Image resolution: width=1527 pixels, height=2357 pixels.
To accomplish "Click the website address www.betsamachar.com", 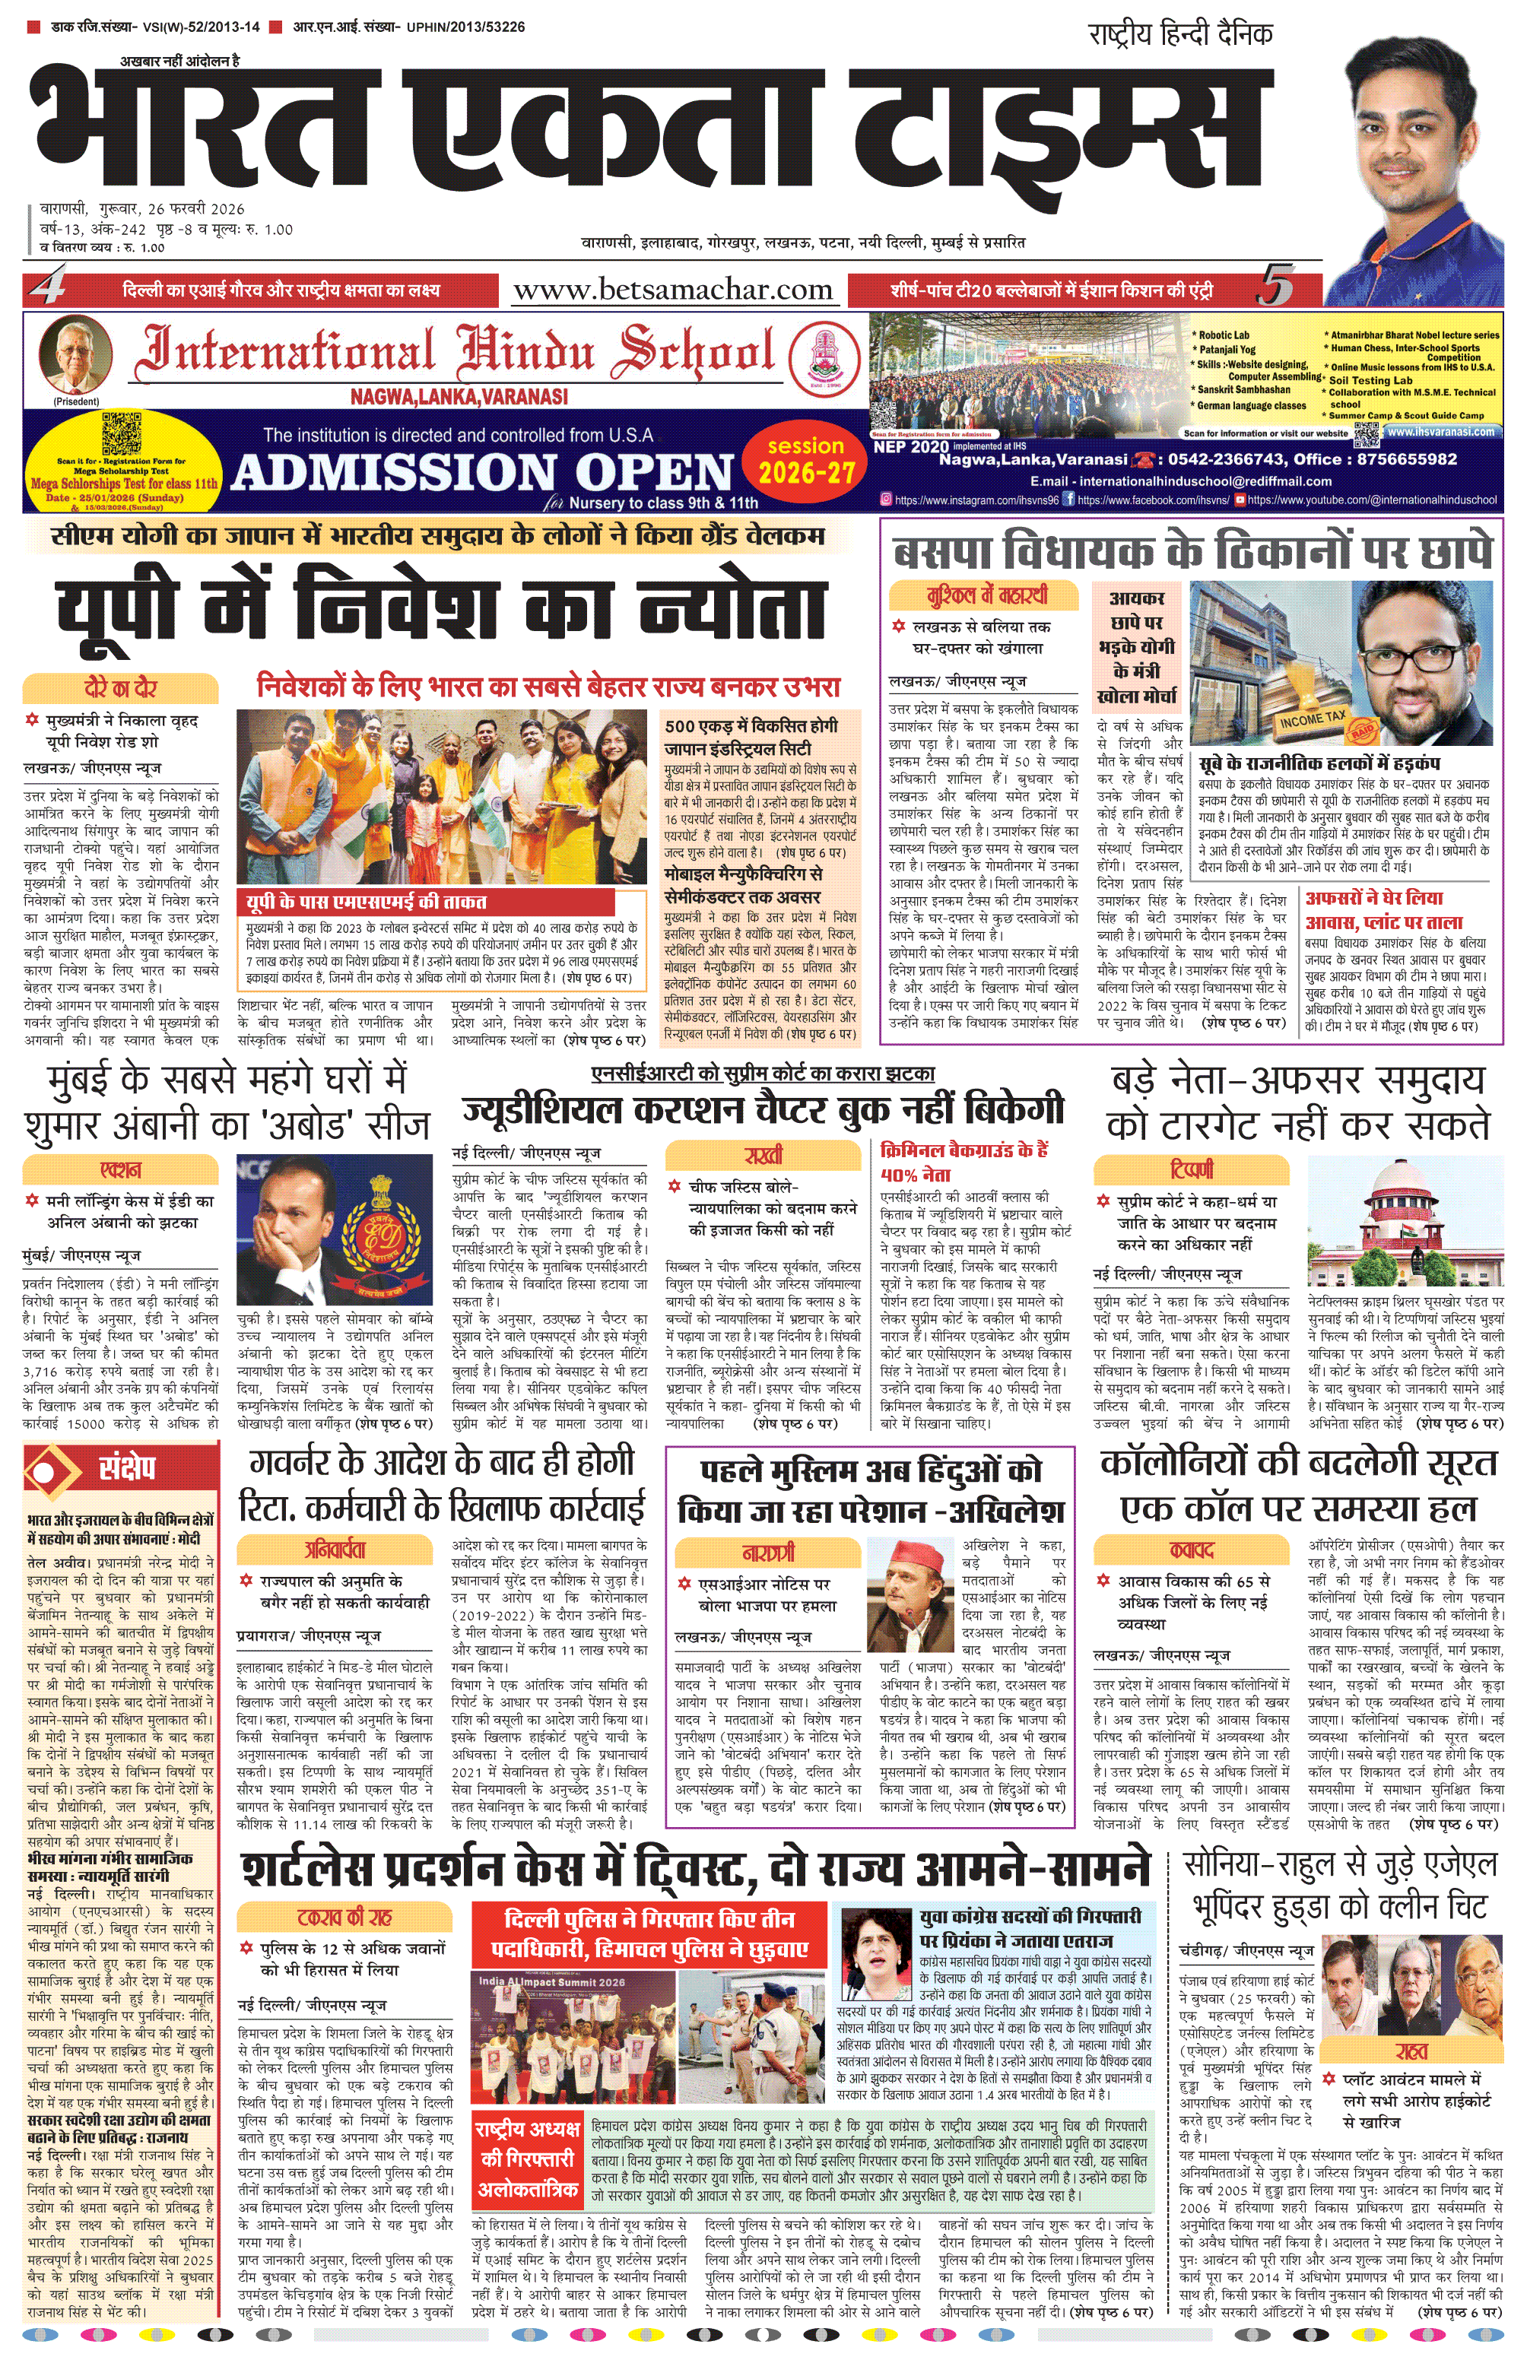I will pos(672,290).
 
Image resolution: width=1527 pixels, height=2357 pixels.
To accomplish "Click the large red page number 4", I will pos(46,289).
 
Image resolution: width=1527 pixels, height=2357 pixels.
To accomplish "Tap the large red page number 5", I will pos(1275,288).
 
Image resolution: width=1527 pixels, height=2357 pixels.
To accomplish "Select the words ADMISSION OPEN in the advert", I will pos(482,472).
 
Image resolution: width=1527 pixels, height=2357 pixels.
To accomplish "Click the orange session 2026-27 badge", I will pos(805,461).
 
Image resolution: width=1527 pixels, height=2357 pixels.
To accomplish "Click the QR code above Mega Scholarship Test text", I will pos(122,433).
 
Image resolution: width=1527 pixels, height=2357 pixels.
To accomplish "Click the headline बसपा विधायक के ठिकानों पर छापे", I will pos(1192,552).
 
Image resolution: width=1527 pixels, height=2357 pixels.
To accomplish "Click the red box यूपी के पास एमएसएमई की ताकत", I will pos(367,901).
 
